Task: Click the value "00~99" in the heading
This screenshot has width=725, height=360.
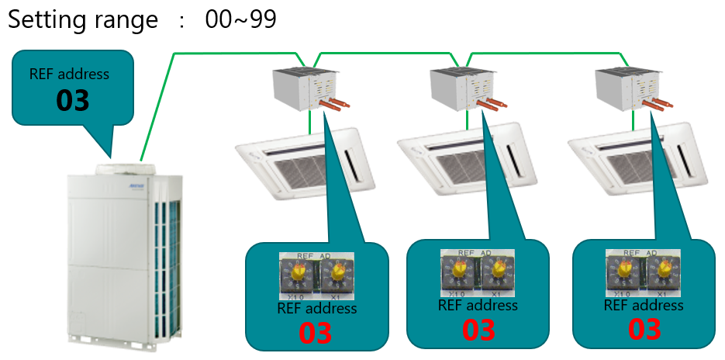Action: coord(241,19)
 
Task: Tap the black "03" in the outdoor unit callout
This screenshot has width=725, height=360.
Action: coord(73,100)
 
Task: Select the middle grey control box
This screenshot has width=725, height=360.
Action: coord(457,89)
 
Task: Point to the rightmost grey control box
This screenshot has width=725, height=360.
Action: coord(621,89)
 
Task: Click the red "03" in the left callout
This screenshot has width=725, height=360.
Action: coord(316,333)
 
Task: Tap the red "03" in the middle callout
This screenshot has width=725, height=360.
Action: coord(478,330)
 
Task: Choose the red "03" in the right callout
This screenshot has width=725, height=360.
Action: coord(644,330)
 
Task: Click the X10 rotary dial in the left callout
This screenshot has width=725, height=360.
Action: coord(297,274)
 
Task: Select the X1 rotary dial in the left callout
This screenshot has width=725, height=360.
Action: coord(337,274)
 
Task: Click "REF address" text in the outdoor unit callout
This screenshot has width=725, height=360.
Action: coord(70,74)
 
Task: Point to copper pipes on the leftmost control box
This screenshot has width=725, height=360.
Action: coord(331,105)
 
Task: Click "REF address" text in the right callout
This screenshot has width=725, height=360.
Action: coord(644,305)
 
